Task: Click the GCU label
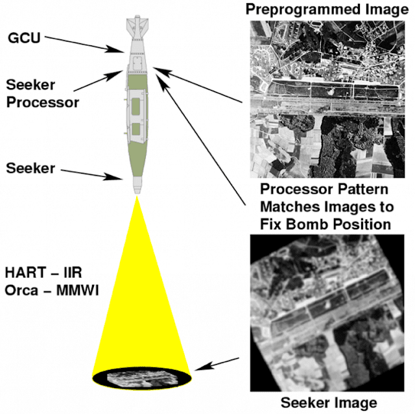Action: click(24, 38)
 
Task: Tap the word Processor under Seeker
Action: click(43, 102)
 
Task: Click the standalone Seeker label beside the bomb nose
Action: click(30, 168)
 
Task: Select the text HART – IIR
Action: click(43, 273)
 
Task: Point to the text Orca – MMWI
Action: click(52, 290)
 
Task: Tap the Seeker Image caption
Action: click(329, 402)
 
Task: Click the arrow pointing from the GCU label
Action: click(84, 44)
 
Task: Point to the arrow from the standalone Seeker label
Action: click(92, 175)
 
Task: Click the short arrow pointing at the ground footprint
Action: click(217, 363)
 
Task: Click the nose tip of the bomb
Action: click(137, 193)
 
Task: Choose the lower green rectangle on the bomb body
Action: click(136, 129)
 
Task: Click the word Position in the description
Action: click(362, 224)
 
